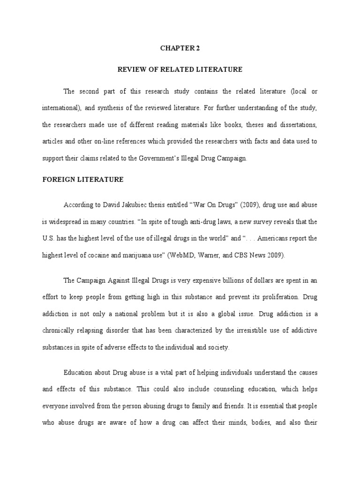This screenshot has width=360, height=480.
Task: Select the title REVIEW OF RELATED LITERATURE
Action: [180, 69]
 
